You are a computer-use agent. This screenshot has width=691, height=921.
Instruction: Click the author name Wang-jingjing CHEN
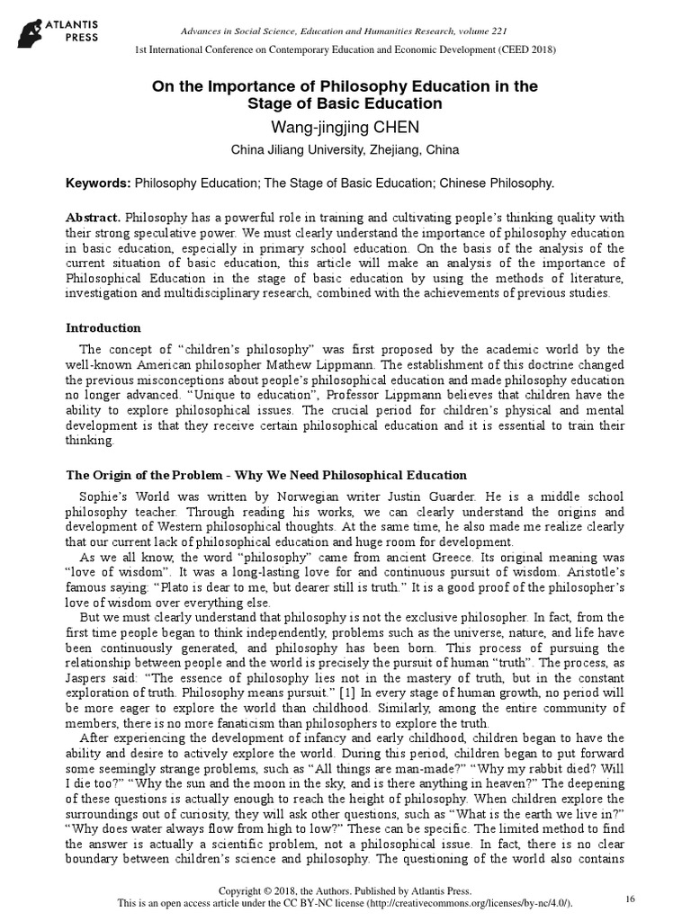pos(345,128)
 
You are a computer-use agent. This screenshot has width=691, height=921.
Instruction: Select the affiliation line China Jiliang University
pos(345,149)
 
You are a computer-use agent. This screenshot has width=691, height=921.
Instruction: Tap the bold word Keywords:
pos(98,183)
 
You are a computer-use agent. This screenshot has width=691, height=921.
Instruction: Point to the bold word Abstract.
pos(94,218)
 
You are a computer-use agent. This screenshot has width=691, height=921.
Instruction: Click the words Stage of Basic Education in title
pos(345,103)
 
